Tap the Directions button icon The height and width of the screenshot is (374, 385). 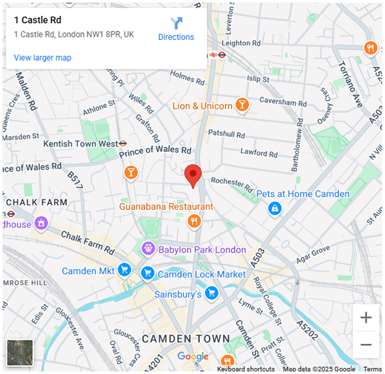[x=176, y=23]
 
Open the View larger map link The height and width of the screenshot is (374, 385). [x=42, y=58]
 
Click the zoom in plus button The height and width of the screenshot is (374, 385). [x=366, y=317]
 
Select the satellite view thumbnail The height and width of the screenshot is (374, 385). [x=19, y=353]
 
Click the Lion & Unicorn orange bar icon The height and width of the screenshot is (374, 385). [x=242, y=104]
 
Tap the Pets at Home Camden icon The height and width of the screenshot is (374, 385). [x=274, y=208]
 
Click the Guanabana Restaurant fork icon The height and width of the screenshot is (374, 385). [x=194, y=222]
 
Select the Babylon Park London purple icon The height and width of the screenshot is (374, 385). [x=148, y=248]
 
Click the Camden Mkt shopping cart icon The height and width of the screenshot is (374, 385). [x=125, y=271]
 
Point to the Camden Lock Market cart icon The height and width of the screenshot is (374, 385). [x=148, y=274]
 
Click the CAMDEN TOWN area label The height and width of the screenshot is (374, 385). [x=186, y=338]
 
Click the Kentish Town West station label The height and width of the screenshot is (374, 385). [x=80, y=144]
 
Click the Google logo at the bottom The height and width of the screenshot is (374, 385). [x=193, y=357]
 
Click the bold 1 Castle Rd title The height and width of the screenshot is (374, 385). [x=38, y=20]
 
